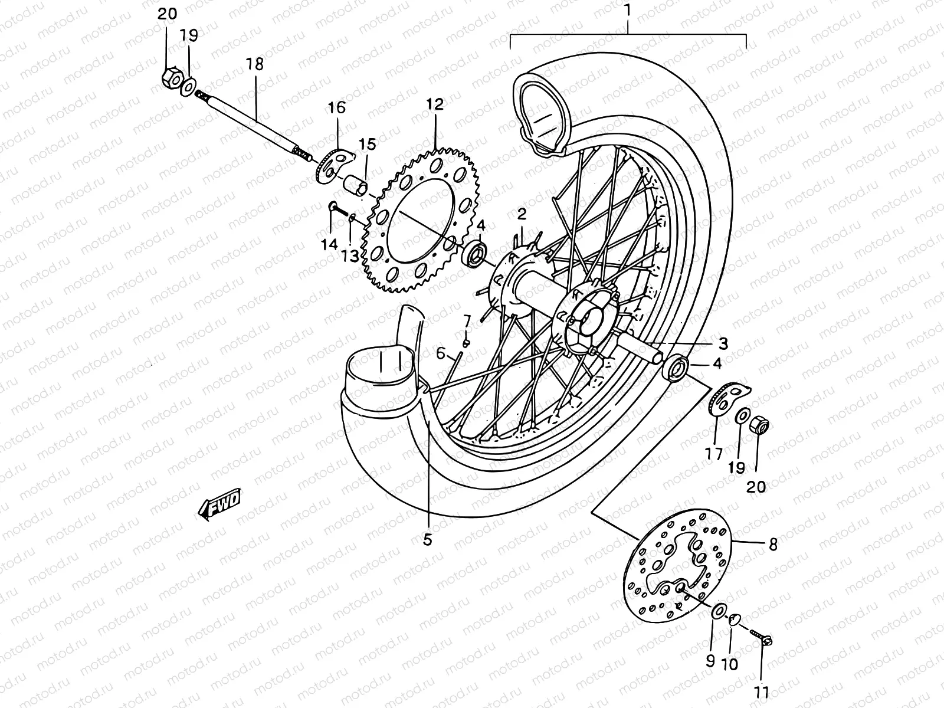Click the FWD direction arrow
(219, 506)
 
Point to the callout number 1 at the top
(628, 10)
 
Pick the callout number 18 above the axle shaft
(255, 64)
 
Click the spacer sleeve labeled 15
(355, 185)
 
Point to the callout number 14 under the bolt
(329, 244)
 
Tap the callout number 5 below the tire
(427, 539)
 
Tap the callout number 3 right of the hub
(723, 343)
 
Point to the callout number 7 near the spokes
(466, 321)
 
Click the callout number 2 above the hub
(522, 213)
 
